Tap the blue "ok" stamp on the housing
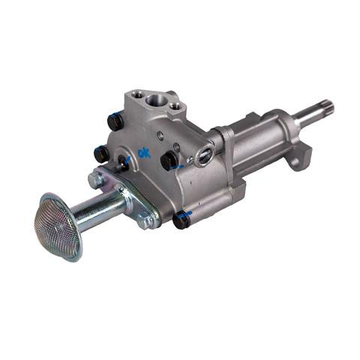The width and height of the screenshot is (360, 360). click(144, 153)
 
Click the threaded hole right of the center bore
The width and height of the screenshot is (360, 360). click(173, 106)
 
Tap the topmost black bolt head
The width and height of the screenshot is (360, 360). click(115, 121)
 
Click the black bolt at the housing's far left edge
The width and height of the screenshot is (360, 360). click(100, 154)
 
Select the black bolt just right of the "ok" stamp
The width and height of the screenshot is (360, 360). click(168, 160)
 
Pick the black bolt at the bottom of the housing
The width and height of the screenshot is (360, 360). click(181, 220)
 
